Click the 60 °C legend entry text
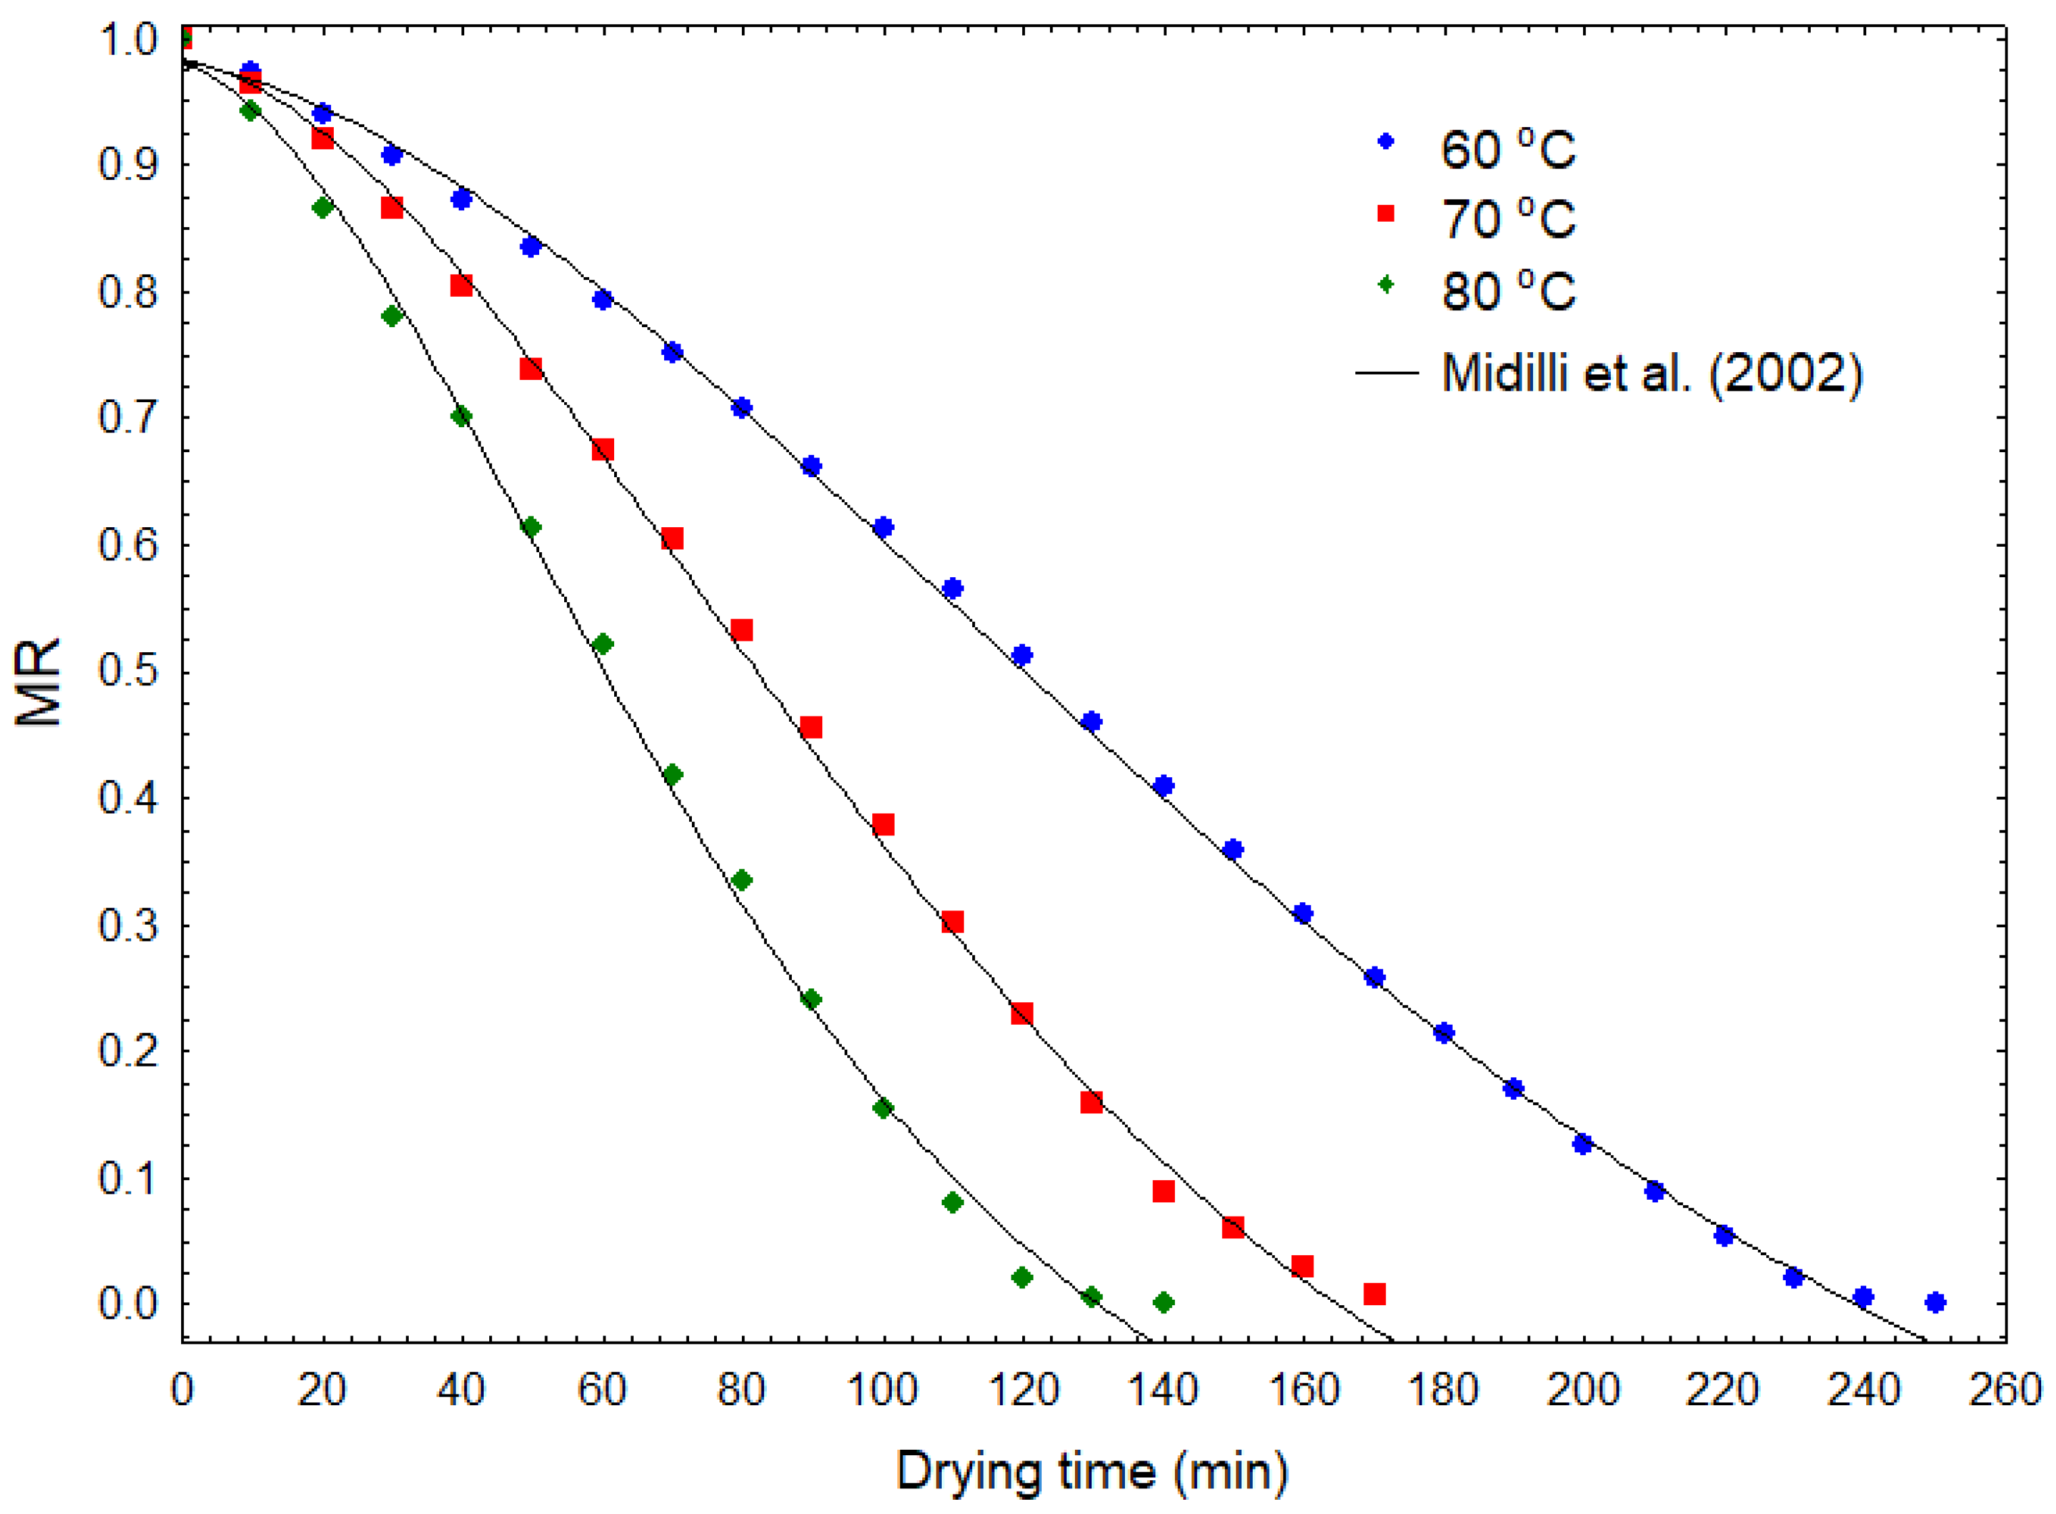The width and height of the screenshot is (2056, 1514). click(1507, 149)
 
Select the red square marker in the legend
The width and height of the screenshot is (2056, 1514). click(1385, 214)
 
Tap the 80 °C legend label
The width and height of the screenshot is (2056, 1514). click(1507, 291)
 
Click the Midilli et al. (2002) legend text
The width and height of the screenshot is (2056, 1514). click(1652, 373)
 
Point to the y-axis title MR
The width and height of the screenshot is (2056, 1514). click(39, 682)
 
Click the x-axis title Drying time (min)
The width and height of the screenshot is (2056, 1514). click(1092, 1472)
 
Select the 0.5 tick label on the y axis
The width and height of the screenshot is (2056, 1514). click(128, 671)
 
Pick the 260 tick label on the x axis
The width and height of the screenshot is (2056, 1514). click(2005, 1390)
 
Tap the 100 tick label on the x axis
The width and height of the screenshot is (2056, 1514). click(882, 1390)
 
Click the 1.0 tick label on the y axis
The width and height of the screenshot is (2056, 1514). click(128, 39)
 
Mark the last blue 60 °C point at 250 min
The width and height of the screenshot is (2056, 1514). click(1935, 1302)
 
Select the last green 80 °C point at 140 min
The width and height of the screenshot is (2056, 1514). click(1163, 1302)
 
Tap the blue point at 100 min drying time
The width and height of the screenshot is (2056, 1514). click(883, 527)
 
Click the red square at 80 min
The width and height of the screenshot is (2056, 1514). click(742, 631)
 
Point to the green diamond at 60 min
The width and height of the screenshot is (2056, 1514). click(602, 644)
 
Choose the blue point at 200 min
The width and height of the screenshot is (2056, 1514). click(1582, 1144)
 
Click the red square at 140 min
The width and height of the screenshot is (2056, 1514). click(1163, 1192)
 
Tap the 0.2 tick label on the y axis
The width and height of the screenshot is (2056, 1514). click(128, 1050)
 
